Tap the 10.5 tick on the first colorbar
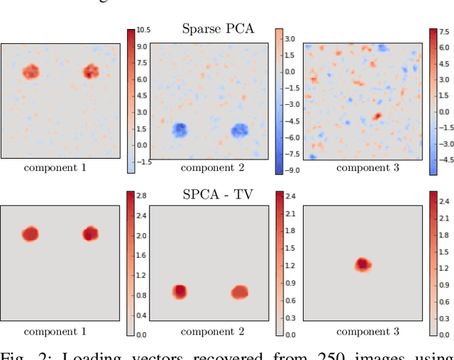click(x=144, y=29)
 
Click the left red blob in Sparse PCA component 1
click(x=31, y=72)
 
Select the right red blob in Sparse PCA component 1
click(x=90, y=71)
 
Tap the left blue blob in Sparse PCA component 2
click(x=180, y=130)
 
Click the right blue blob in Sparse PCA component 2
click(x=240, y=130)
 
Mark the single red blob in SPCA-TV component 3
click(x=362, y=264)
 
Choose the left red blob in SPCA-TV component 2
click(x=180, y=291)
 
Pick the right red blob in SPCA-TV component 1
click(x=90, y=234)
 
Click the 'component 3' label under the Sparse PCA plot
click(x=367, y=168)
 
